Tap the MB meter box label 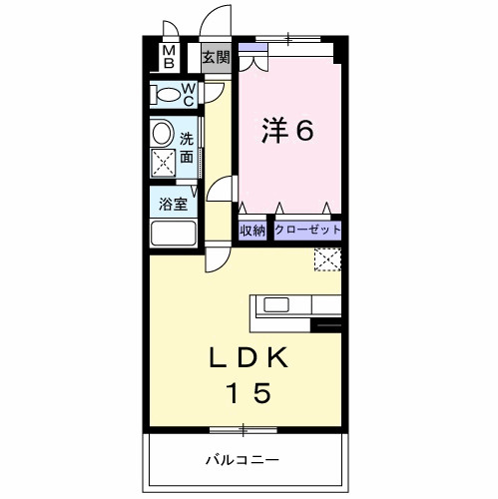[169, 57]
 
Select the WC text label [188, 96]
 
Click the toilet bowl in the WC [163, 96]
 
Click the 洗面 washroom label [187, 150]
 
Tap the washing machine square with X [163, 163]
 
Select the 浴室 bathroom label [174, 205]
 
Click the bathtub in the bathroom [174, 234]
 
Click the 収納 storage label [252, 231]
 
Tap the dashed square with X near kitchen [326, 259]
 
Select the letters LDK [249, 356]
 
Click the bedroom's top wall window [288, 40]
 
